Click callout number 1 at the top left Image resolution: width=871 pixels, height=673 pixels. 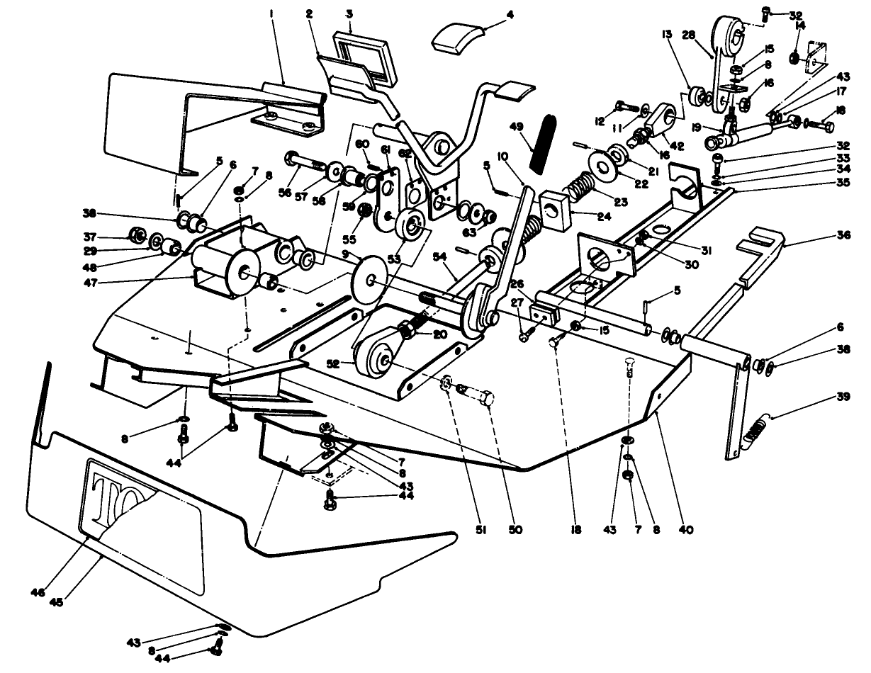click(272, 13)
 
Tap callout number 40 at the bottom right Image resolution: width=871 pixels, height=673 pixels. click(685, 529)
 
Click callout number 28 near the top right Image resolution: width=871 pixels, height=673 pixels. click(707, 34)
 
